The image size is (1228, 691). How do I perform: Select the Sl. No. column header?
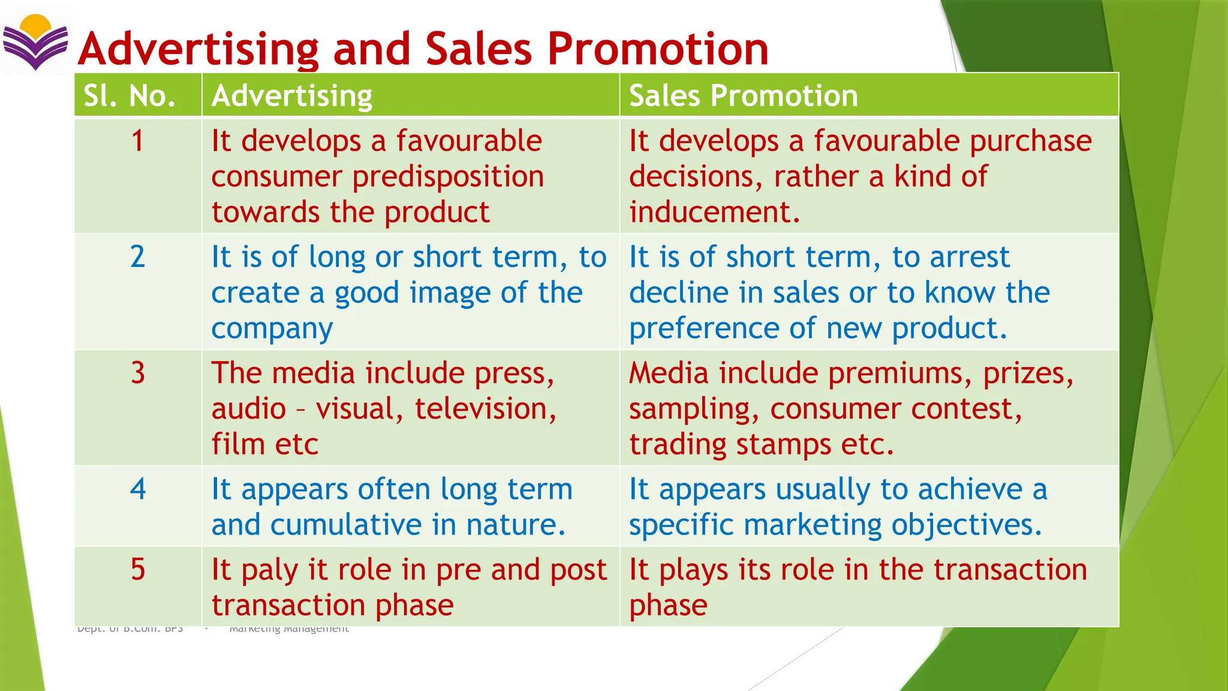coord(130,96)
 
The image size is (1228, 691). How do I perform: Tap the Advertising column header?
coord(292,96)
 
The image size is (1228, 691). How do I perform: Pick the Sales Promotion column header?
coord(744,96)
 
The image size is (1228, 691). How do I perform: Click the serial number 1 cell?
coord(138,142)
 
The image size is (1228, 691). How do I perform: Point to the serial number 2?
coord(138,257)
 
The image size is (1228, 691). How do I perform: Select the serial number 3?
coord(138,373)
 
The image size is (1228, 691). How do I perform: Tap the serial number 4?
coord(138,489)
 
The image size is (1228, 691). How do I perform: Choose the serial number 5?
coord(138,569)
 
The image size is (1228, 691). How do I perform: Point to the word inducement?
coord(714,212)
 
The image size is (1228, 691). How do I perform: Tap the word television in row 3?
coord(485,409)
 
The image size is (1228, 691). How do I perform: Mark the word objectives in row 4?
coord(967,525)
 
